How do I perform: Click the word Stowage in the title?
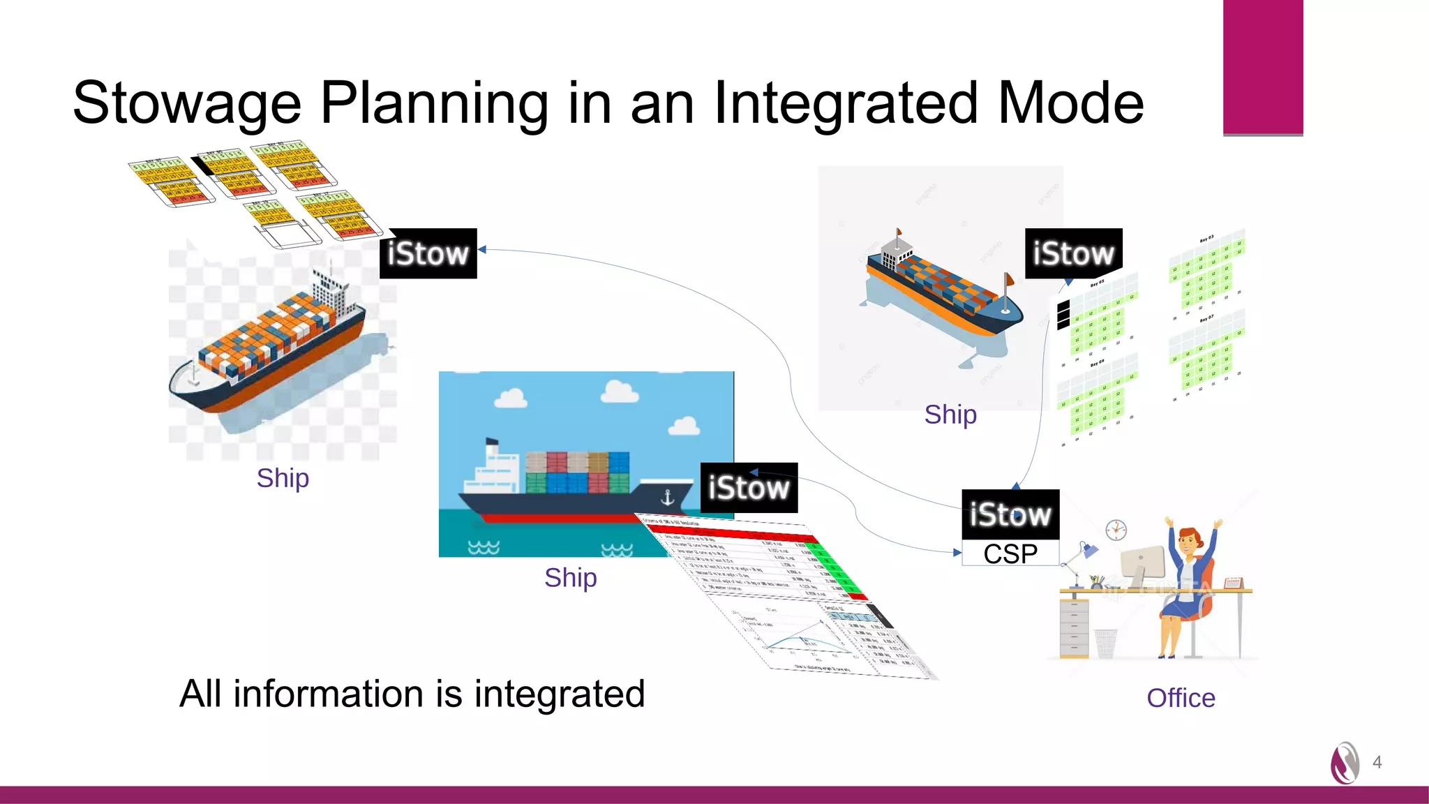(x=187, y=103)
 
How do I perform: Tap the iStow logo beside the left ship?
(x=428, y=253)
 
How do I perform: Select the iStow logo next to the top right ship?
(x=1073, y=253)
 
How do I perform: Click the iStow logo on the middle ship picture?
(x=749, y=488)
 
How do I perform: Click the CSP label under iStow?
(x=1010, y=553)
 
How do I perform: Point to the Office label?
(x=1181, y=698)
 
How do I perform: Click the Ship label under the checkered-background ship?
(x=283, y=478)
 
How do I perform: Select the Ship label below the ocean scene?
(x=570, y=578)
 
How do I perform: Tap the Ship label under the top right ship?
(x=950, y=415)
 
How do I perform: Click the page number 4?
(x=1377, y=762)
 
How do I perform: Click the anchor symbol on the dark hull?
(x=667, y=498)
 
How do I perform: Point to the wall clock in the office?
(x=1116, y=529)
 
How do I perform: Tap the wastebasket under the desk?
(x=1105, y=643)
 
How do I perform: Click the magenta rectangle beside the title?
(x=1263, y=67)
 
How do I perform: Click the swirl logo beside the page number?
(x=1345, y=763)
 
